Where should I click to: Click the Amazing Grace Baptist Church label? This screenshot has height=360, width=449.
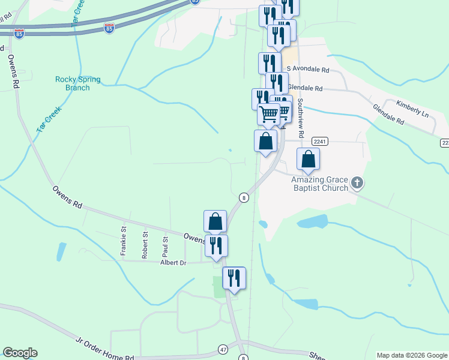pos(319,184)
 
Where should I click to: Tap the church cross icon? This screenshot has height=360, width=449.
pos(357,182)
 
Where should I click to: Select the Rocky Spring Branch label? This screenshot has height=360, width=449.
pos(78,83)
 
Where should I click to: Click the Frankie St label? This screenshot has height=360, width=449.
pos(124,240)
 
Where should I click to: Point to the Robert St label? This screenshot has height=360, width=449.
pos(145,245)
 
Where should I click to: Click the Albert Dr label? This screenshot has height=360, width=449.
pos(173,263)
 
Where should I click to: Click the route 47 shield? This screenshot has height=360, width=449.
pos(223,349)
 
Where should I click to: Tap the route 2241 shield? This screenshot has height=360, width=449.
pos(319,142)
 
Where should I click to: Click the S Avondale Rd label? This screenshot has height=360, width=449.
pos(308,70)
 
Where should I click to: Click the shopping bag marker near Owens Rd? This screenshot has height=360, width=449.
pos(215,221)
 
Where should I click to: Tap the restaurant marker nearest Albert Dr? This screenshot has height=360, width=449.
pos(216,245)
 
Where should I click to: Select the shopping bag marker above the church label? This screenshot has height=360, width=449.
pos(308,160)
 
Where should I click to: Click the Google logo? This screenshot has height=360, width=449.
pos(20,353)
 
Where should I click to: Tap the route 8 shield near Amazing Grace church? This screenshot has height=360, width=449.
pos(243,197)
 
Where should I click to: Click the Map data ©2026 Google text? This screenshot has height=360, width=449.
pos(411,355)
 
